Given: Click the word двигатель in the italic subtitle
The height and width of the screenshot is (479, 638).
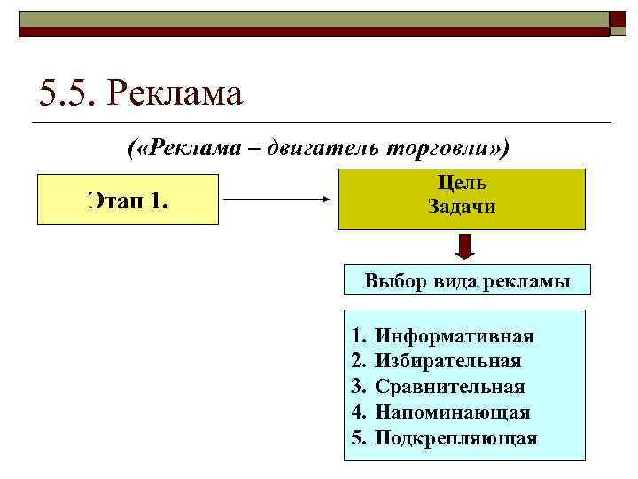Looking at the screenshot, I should tap(323, 147).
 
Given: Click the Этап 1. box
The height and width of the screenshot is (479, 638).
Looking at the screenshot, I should tap(127, 200).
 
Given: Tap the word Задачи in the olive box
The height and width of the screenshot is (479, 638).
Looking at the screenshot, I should tap(462, 208).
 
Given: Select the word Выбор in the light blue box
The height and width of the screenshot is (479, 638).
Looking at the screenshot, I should tap(392, 282).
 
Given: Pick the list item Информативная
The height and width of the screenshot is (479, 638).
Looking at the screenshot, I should tap(454, 336).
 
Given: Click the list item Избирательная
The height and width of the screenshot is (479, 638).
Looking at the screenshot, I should tap(448, 362).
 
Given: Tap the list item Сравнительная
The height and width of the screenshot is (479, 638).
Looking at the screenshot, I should tap(450, 387).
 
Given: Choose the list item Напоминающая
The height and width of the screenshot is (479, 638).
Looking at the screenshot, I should tap(453, 412).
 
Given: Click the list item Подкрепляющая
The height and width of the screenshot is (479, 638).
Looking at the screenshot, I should tap(455, 438).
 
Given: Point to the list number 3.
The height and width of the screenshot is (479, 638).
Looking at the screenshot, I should tap(358, 387).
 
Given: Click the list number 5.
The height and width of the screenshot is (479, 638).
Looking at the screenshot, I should tap(358, 438).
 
